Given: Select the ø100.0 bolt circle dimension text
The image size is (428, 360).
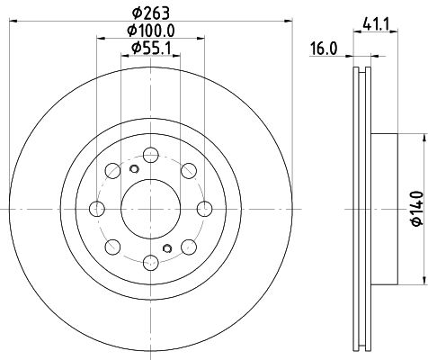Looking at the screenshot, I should [x=150, y=31].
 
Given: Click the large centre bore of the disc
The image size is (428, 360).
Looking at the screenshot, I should [x=150, y=209].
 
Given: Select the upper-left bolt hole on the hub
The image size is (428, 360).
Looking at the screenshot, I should [x=113, y=170].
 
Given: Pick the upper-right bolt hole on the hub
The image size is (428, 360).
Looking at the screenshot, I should [x=188, y=170].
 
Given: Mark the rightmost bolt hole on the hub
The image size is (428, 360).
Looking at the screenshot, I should [x=205, y=209].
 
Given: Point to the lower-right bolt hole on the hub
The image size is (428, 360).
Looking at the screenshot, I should [x=188, y=247].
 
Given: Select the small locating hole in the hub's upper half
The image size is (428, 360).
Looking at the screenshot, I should [x=134, y=170].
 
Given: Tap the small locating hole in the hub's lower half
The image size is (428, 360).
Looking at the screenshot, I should [x=167, y=248].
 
